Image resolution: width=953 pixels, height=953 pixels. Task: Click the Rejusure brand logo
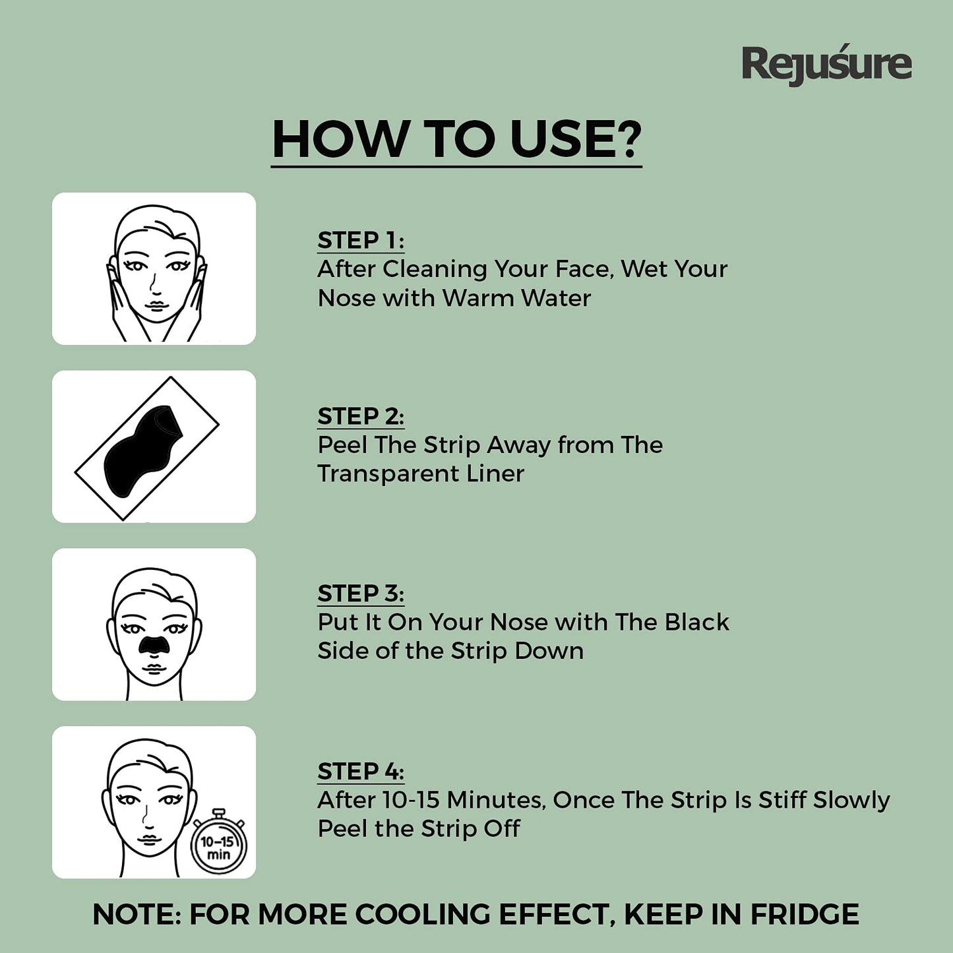tap(826, 65)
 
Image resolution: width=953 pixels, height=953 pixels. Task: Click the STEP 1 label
tap(361, 241)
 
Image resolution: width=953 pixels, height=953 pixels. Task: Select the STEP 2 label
tap(361, 416)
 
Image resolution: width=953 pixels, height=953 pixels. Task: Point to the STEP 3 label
tap(361, 593)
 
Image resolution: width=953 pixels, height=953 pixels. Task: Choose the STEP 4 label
tap(361, 771)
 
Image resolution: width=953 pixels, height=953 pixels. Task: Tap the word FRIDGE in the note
tap(805, 914)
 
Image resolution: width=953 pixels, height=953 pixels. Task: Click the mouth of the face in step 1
tap(156, 305)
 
